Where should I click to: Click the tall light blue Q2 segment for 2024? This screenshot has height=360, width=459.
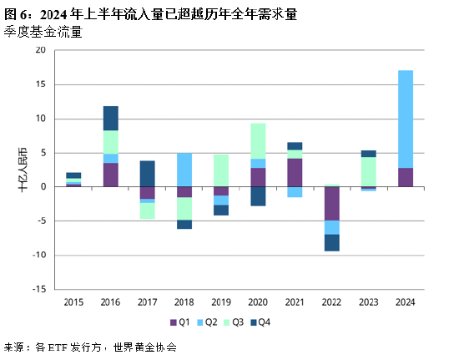click(406, 119)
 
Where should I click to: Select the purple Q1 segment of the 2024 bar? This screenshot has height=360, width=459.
click(406, 177)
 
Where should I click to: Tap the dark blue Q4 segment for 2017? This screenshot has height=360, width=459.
click(147, 173)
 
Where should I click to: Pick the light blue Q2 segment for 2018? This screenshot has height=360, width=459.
click(184, 170)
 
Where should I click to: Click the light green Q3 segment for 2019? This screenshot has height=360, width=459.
click(220, 170)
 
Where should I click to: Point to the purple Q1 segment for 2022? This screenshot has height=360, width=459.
click(332, 203)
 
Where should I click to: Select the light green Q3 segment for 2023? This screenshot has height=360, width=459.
click(368, 171)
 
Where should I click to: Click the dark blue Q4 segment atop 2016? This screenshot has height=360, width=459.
click(110, 118)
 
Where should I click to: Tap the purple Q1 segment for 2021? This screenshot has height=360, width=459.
click(295, 172)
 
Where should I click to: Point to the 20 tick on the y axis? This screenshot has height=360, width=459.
click(40, 50)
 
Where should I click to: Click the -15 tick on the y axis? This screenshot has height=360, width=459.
click(38, 289)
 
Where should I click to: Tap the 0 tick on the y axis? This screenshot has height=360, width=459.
click(43, 186)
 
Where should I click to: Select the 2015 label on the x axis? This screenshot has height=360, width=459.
click(73, 302)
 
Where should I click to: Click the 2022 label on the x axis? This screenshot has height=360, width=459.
click(332, 302)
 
